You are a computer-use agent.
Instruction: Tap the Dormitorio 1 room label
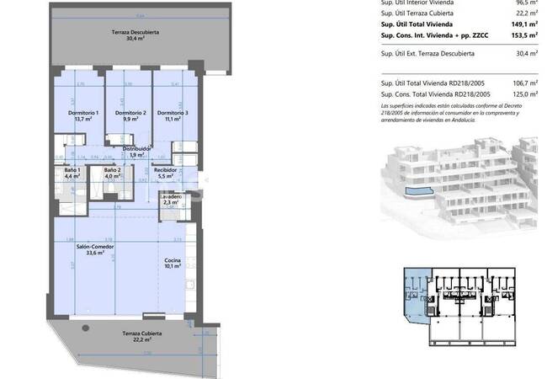tap(83, 114)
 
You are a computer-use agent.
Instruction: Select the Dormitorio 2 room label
tap(130, 114)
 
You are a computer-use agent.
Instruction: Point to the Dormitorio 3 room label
tap(173, 114)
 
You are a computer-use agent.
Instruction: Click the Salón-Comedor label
tap(95, 247)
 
